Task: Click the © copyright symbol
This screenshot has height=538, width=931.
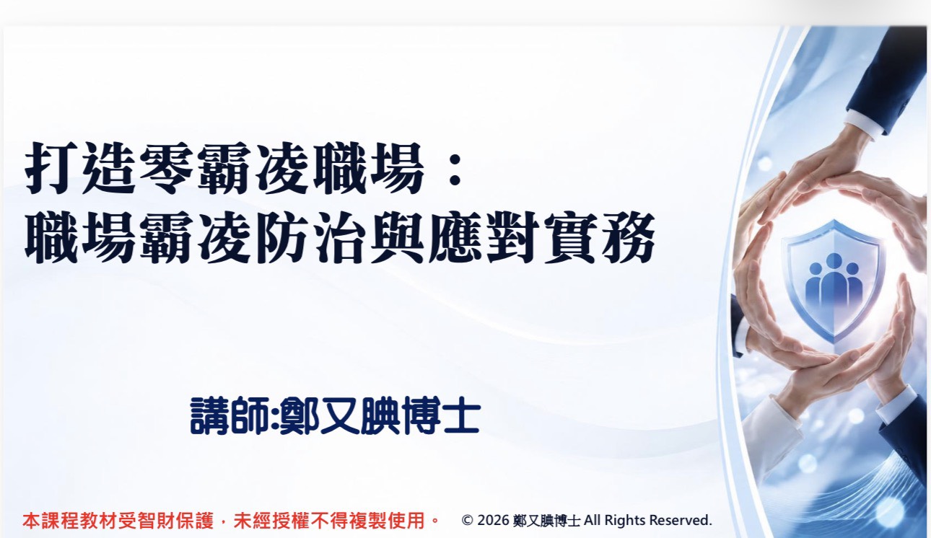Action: (x=467, y=520)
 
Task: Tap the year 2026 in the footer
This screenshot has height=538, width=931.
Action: (x=494, y=520)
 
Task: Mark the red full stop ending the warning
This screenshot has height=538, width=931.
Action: (x=435, y=521)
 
